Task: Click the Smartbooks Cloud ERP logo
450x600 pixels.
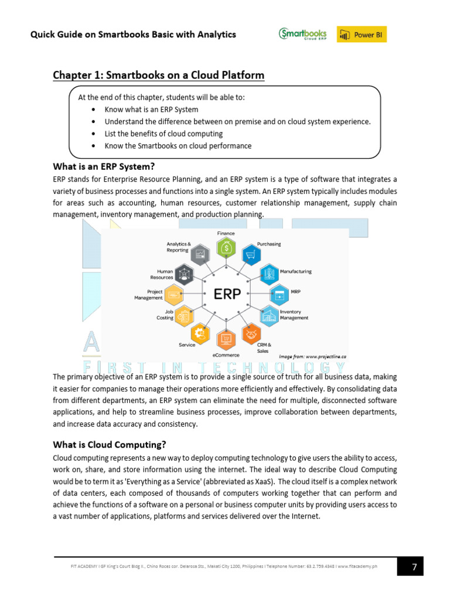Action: point(302,35)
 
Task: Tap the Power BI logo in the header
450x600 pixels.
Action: point(362,35)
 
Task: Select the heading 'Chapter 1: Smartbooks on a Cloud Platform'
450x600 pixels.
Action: point(158,75)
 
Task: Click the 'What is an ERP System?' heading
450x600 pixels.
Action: point(104,166)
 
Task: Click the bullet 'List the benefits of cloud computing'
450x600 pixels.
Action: point(163,134)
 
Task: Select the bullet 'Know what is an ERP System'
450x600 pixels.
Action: point(151,109)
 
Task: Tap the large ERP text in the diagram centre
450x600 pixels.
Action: point(227,294)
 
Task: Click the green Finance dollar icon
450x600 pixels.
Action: point(226,248)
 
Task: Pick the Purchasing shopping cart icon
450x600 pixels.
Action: point(251,255)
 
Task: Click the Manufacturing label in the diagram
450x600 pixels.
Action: point(295,271)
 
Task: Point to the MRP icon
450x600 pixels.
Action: point(279,293)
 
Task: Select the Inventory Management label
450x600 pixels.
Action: point(294,315)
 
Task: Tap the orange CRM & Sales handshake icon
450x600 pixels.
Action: point(251,333)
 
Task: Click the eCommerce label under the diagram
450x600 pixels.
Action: point(226,355)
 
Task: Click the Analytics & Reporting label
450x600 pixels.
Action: point(178,247)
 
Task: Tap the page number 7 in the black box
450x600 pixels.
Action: point(414,567)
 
